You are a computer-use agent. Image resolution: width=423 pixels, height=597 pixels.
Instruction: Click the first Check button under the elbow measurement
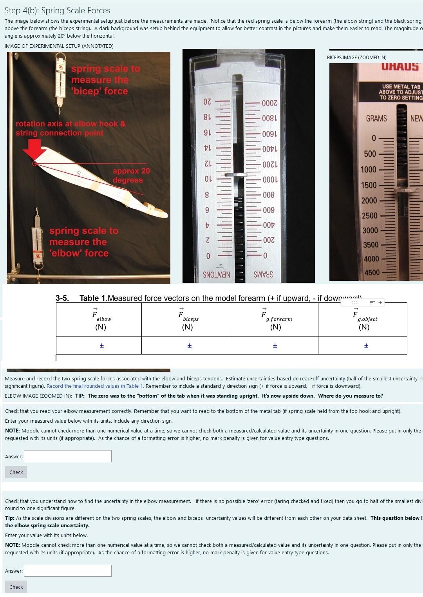tap(16, 472)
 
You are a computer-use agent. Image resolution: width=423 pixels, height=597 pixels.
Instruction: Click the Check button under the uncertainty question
tap(16, 586)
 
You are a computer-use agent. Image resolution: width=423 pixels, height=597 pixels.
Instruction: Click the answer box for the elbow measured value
tap(68, 456)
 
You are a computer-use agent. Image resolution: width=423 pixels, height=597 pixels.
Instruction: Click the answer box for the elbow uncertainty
tap(68, 570)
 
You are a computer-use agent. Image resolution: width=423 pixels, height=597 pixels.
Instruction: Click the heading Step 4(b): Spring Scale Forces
tap(58, 11)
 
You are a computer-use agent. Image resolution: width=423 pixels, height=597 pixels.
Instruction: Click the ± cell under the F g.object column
tap(366, 346)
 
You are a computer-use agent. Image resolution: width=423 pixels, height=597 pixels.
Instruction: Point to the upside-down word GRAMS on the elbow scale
tap(264, 275)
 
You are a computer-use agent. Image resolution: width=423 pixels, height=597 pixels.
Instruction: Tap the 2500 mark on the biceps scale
tap(370, 215)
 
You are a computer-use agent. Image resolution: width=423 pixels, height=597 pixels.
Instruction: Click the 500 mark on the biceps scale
tap(370, 154)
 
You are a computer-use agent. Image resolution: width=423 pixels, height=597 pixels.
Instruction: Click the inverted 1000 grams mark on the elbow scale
tap(269, 180)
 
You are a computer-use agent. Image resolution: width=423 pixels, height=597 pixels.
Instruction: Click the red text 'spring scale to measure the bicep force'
tap(105, 80)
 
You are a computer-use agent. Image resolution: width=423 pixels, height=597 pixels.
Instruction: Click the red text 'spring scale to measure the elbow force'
tap(83, 242)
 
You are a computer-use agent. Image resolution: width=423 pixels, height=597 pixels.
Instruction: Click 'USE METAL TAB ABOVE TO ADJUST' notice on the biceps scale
tap(401, 92)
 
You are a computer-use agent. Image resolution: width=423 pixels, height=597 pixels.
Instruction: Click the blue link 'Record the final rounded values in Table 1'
tap(95, 386)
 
